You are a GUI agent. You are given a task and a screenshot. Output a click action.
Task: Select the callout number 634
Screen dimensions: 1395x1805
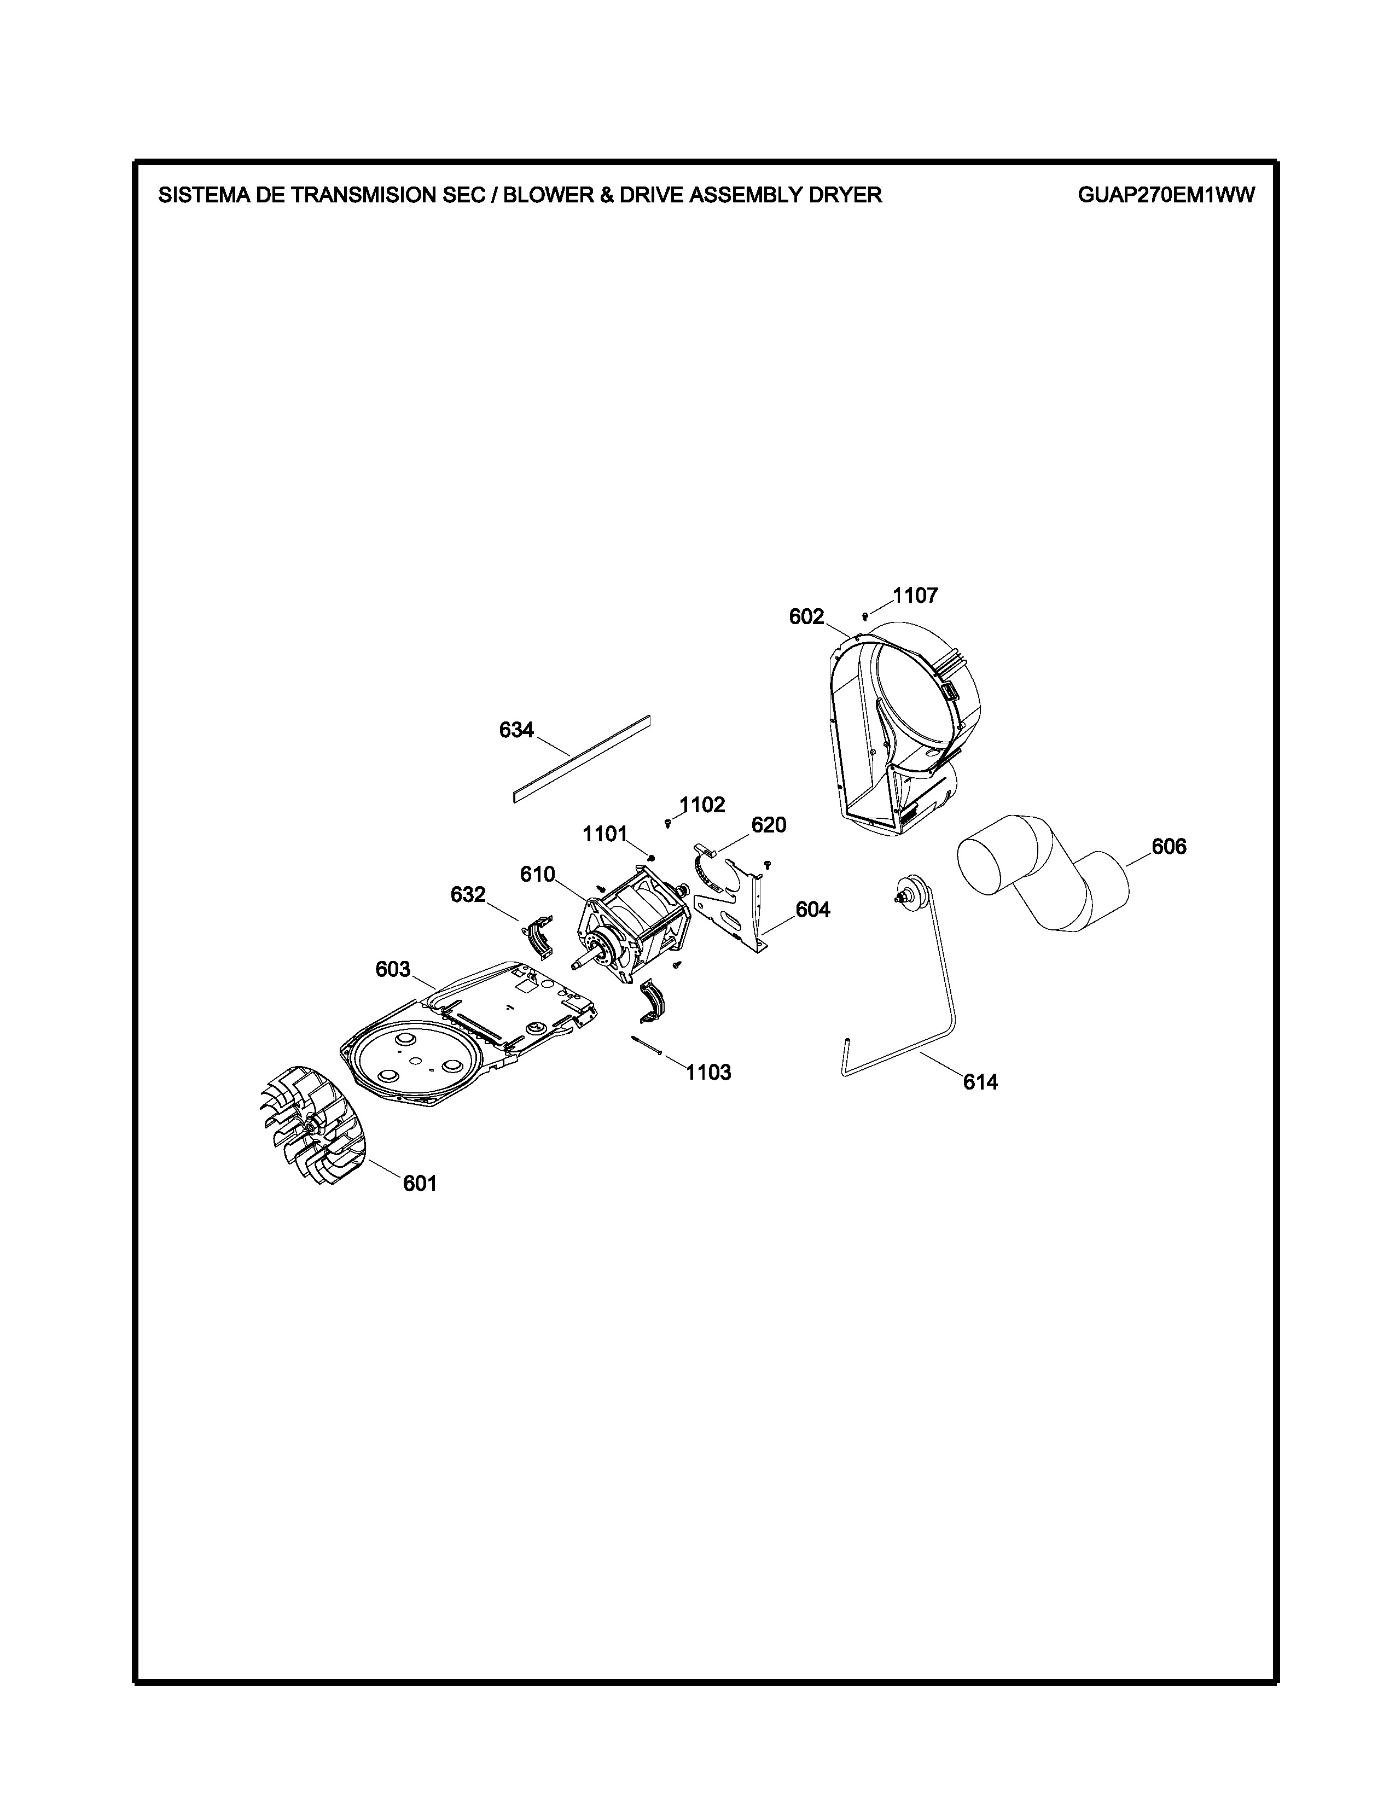click(516, 730)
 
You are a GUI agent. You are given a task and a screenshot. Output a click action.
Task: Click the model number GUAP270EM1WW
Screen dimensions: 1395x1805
click(1166, 195)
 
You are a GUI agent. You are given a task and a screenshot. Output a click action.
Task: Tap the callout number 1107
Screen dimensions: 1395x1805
click(915, 595)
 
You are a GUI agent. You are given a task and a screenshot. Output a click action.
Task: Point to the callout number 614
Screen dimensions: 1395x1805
click(980, 1082)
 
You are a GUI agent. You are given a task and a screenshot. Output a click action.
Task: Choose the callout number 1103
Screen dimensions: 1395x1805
click(708, 1073)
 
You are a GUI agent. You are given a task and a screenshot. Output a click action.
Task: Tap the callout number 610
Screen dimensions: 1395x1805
click(537, 875)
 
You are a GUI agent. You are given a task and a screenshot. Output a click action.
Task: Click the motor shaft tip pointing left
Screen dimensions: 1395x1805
click(573, 965)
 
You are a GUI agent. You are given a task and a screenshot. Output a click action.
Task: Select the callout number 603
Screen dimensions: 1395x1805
click(393, 969)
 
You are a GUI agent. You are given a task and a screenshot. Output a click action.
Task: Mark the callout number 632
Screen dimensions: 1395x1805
click(468, 894)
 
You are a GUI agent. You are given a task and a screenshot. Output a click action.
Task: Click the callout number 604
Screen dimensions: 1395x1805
click(813, 910)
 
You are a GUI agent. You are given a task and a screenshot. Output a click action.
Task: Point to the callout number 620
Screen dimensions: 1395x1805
click(769, 825)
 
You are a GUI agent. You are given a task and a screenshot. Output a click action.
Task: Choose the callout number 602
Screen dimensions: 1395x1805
click(806, 616)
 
